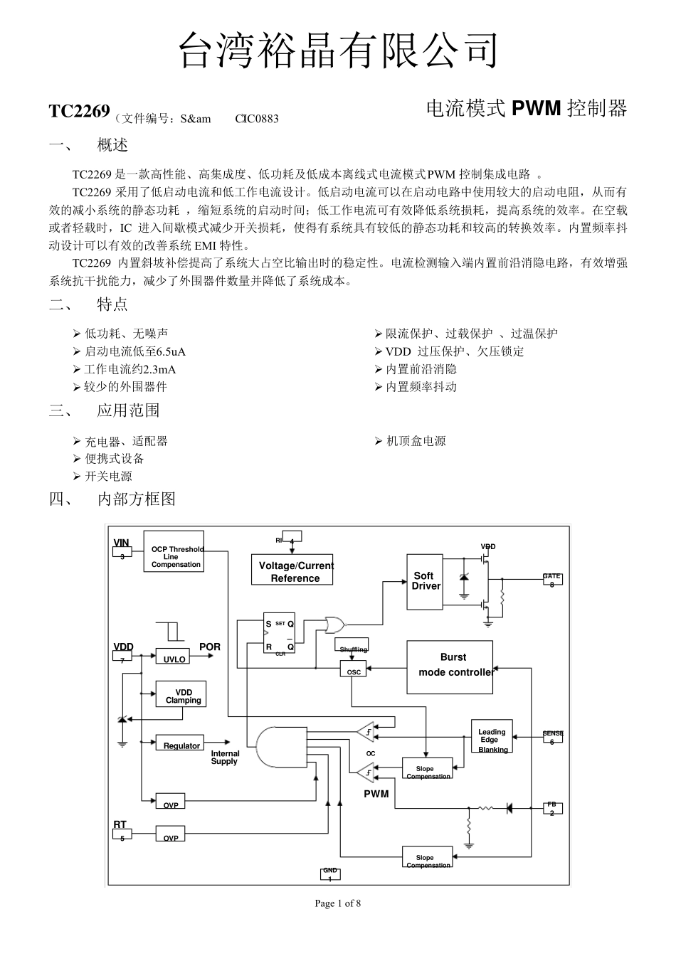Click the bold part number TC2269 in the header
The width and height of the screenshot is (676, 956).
pyautogui.click(x=79, y=112)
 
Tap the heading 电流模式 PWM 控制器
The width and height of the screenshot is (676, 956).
pyautogui.click(x=527, y=108)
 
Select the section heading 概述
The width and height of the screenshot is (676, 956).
pyautogui.click(x=112, y=145)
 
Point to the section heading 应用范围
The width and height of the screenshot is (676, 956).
pyautogui.click(x=128, y=410)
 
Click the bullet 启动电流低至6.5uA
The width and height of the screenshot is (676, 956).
pyautogui.click(x=134, y=351)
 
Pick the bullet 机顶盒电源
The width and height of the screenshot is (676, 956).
pyautogui.click(x=416, y=441)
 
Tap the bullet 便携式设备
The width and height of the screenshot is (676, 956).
pyautogui.click(x=114, y=459)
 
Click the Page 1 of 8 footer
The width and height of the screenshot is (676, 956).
pyautogui.click(x=338, y=903)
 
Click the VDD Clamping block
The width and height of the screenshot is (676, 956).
pyautogui.click(x=183, y=696)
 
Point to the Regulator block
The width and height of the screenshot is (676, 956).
pyautogui.click(x=181, y=745)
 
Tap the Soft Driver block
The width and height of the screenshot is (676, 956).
pyautogui.click(x=425, y=582)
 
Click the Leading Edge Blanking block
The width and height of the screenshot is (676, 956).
pyautogui.click(x=492, y=738)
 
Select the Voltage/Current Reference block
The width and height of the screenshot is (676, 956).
pyautogui.click(x=295, y=571)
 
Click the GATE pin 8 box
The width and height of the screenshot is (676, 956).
pyautogui.click(x=551, y=580)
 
